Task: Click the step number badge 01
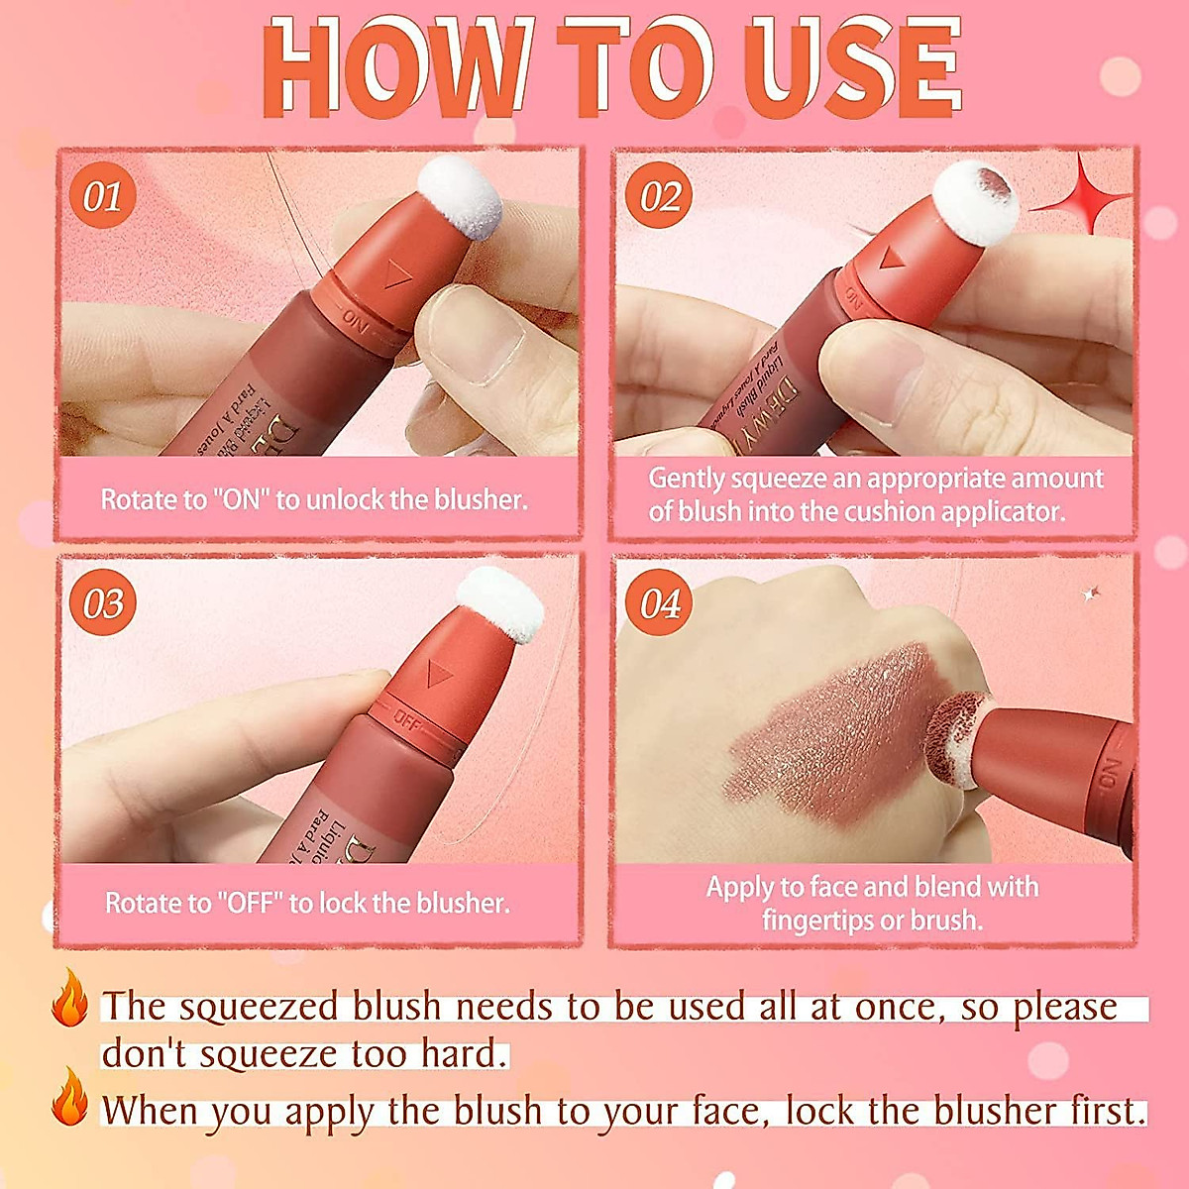(x=102, y=196)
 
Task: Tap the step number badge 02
(x=659, y=196)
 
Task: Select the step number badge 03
(x=102, y=603)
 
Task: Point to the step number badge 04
(x=659, y=603)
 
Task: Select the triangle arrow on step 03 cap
(x=433, y=675)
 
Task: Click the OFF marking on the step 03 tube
(x=407, y=718)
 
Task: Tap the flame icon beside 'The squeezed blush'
(x=69, y=998)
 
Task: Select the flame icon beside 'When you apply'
(x=69, y=1097)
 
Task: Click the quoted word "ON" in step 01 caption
(x=241, y=499)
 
